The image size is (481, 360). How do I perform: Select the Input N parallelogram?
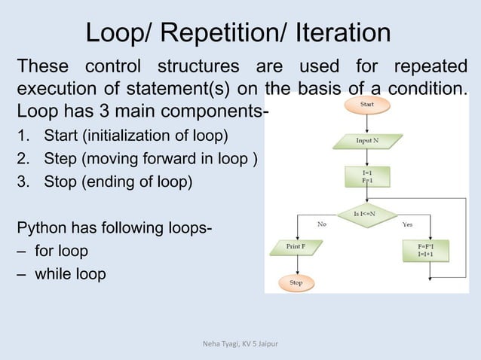click(367, 140)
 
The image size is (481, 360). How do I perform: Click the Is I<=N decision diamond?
click(367, 215)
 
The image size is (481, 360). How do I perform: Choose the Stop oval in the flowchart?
click(296, 282)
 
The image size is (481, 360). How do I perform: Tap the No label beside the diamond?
click(322, 224)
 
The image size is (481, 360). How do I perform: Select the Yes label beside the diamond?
click(408, 224)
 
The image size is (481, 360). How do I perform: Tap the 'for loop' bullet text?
click(60, 250)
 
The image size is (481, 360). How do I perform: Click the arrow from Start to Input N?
click(367, 124)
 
